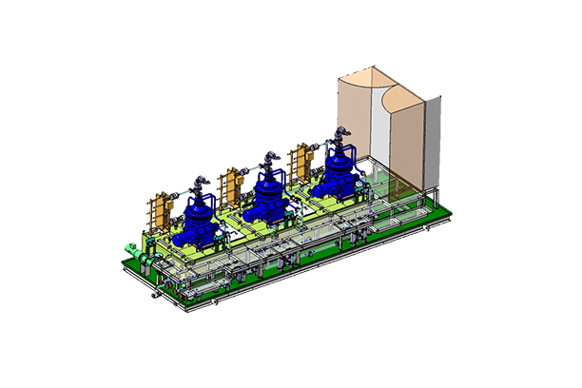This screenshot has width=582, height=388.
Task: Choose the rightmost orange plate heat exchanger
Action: pyautogui.click(x=305, y=160)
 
